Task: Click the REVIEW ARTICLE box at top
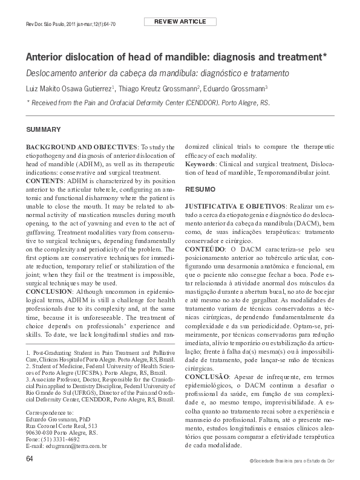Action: click(x=180, y=22)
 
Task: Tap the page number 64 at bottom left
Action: click(x=30, y=459)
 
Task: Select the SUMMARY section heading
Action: click(x=43, y=130)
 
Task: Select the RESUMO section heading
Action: click(x=200, y=189)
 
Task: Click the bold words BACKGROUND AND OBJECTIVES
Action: click(x=82, y=147)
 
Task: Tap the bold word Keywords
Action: click(x=200, y=164)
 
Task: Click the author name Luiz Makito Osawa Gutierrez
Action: click(x=68, y=88)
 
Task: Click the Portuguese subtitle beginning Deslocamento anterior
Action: click(x=157, y=74)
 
